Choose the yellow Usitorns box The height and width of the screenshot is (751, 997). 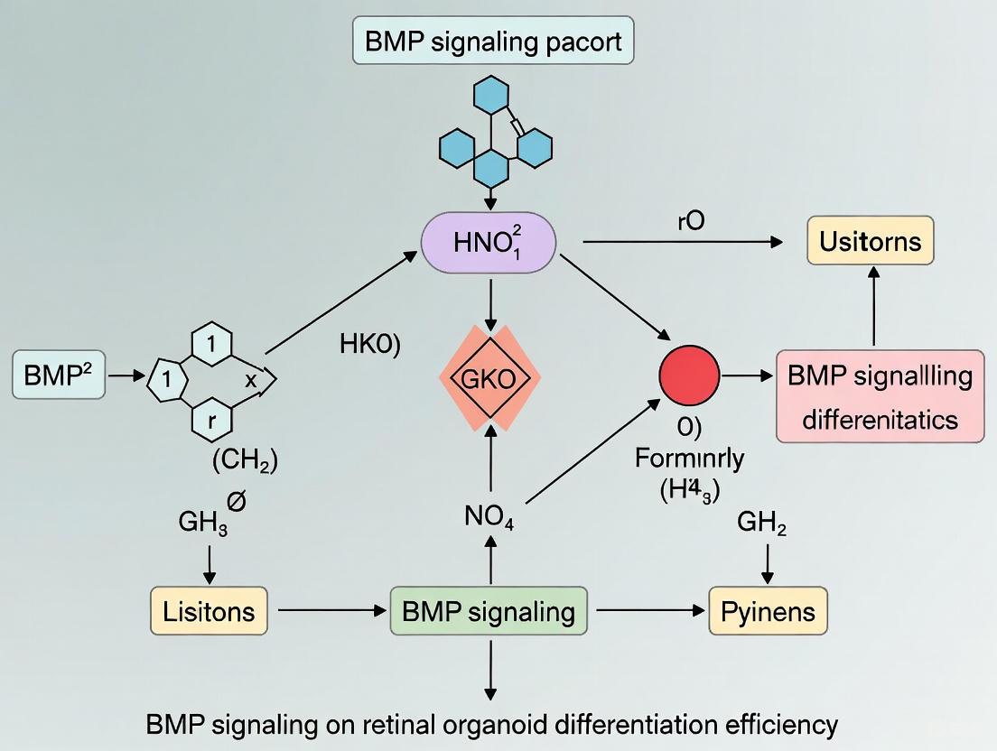[871, 241]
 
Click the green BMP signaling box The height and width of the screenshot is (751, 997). [489, 611]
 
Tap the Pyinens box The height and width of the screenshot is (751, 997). [768, 611]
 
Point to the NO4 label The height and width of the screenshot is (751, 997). [489, 519]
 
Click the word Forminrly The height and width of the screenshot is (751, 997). [689, 458]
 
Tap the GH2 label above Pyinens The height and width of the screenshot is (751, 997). [761, 524]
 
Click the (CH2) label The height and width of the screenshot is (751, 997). [245, 461]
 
